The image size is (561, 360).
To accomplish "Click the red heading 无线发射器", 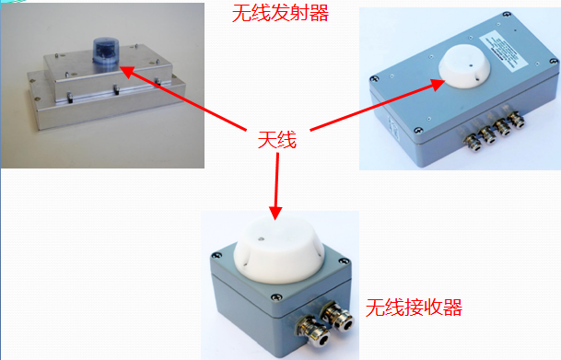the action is pyautogui.click(x=280, y=13).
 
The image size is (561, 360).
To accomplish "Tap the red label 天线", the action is pyautogui.click(x=277, y=139).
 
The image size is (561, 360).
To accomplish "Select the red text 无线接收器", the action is pyautogui.click(x=414, y=308).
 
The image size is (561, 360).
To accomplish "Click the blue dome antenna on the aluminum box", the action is pyautogui.click(x=106, y=52).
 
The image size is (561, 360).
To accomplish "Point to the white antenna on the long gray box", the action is pyautogui.click(x=464, y=66).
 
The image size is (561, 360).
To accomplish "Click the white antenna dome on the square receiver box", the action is pyautogui.click(x=279, y=250).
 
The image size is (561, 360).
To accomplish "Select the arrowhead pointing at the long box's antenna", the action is pyautogui.click(x=437, y=85).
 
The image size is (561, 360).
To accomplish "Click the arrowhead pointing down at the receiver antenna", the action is pyautogui.click(x=275, y=213).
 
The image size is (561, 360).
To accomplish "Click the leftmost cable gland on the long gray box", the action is pyautogui.click(x=473, y=142).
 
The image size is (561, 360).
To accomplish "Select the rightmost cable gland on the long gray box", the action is pyautogui.click(x=516, y=120).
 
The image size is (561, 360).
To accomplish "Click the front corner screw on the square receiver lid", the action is pyautogui.click(x=275, y=296).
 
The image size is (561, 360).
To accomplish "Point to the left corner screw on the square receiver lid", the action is pyautogui.click(x=216, y=255).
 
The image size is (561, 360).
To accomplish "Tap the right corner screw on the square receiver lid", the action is pyautogui.click(x=345, y=261).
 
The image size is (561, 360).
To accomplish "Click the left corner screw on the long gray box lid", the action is pyautogui.click(x=374, y=78).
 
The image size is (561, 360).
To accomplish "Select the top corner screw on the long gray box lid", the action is pyautogui.click(x=507, y=15).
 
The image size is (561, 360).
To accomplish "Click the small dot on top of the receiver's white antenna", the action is pyautogui.click(x=262, y=238).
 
